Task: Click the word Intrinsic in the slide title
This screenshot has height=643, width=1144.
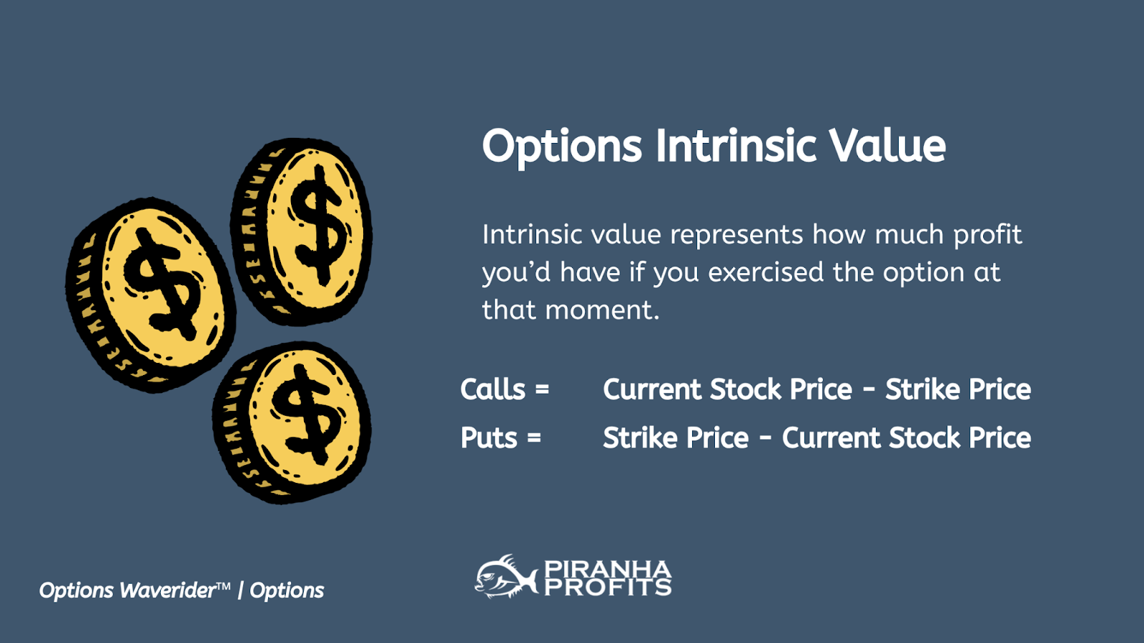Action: [736, 146]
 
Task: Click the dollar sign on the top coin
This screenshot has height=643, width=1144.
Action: [319, 224]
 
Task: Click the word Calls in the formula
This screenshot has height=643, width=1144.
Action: [493, 389]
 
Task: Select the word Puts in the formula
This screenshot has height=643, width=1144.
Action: [489, 438]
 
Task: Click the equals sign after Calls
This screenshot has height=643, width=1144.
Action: [542, 390]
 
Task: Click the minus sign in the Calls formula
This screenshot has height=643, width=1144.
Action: [869, 390]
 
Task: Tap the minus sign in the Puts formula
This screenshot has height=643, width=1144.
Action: [765, 439]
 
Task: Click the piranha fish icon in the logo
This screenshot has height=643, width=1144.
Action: [506, 576]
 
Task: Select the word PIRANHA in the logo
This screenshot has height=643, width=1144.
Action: [608, 569]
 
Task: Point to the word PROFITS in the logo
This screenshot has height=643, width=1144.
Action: [608, 587]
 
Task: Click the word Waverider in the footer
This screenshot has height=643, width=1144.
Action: [168, 590]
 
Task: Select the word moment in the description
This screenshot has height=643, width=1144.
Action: [602, 310]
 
